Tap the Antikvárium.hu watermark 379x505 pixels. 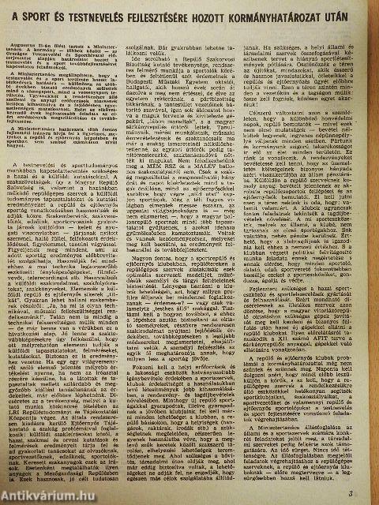(43, 496)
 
